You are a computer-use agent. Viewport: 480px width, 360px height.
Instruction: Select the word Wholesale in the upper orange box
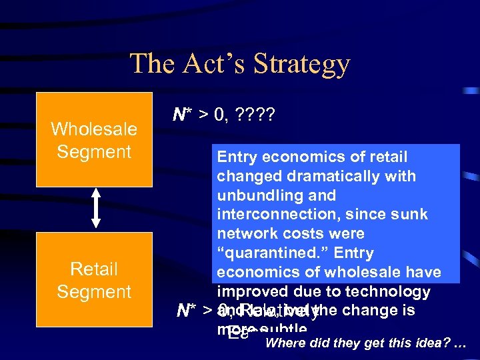click(x=94, y=129)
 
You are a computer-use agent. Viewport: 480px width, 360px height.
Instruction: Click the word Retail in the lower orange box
click(x=94, y=269)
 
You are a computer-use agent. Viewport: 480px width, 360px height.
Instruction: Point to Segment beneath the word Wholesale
click(x=94, y=152)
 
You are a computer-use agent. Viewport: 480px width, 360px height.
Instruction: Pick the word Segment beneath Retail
click(x=94, y=292)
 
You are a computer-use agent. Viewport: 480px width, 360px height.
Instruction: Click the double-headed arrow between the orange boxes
click(x=95, y=209)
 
